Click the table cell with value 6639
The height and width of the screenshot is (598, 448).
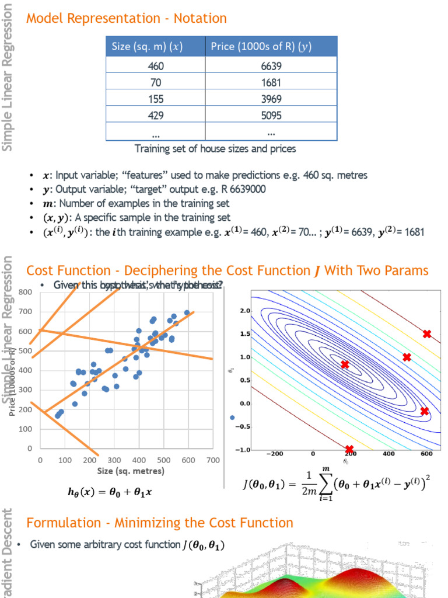pos(271,66)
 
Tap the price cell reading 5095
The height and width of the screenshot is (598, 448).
pos(271,116)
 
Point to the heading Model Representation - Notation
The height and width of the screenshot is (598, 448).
pos(127,19)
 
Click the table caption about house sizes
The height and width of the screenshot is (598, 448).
pos(215,149)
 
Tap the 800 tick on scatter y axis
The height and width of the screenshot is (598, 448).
pos(25,292)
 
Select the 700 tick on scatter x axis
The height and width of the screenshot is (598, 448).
pos(213,460)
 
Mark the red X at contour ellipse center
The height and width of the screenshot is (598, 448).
pos(345,364)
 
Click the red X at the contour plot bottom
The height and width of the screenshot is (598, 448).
pos(349,449)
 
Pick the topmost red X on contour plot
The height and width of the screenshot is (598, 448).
pos(427,334)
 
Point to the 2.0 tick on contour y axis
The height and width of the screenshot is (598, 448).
pos(245,311)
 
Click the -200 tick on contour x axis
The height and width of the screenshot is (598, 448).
pos(274,453)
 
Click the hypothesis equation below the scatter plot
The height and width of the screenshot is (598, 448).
pos(110,492)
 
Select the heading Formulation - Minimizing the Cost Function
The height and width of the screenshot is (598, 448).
pos(160,522)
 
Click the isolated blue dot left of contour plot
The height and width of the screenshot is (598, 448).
pos(232,417)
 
